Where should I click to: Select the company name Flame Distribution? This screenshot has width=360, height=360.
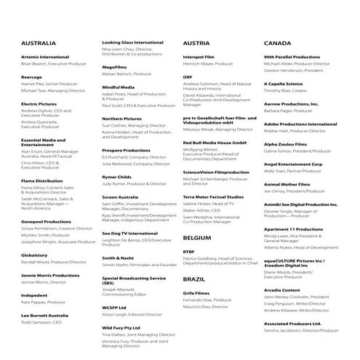(x=42, y=180)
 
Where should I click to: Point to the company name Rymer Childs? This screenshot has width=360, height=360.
(x=117, y=176)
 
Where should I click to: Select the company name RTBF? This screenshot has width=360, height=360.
(x=189, y=251)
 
